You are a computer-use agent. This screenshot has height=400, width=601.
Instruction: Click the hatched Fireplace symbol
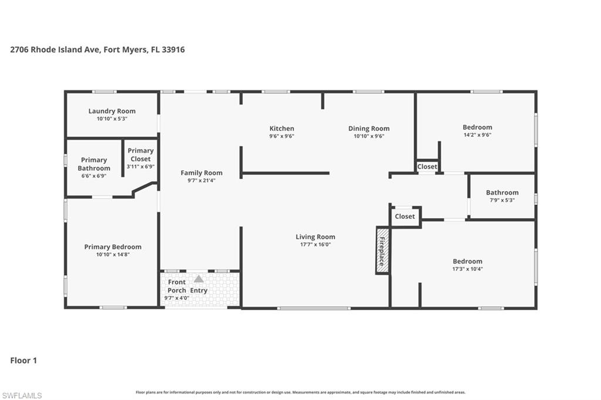click(381, 250)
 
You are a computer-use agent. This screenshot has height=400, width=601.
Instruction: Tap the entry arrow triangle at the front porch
click(199, 279)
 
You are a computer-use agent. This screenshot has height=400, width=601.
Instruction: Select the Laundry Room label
click(112, 111)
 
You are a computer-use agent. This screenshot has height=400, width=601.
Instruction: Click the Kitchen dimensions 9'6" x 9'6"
click(282, 136)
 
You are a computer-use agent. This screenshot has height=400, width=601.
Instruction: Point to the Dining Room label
click(369, 128)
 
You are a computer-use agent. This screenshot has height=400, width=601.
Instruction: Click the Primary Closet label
click(141, 155)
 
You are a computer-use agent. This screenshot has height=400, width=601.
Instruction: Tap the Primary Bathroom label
click(94, 164)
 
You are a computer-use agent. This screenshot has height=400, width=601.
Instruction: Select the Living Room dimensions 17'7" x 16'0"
click(315, 245)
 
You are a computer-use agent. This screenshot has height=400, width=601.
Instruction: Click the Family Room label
click(201, 172)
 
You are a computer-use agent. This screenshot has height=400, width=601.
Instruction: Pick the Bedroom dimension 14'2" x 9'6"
click(477, 134)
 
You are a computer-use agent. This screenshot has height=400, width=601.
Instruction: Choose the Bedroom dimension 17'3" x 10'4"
click(467, 269)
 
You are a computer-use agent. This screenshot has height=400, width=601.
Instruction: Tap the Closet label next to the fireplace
click(405, 216)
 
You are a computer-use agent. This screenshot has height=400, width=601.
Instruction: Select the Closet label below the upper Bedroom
click(427, 167)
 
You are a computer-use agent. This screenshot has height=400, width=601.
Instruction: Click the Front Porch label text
click(177, 286)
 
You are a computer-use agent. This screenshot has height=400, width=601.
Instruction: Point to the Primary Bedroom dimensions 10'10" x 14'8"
click(113, 255)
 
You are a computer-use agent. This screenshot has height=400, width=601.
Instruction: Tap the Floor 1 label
click(23, 360)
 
